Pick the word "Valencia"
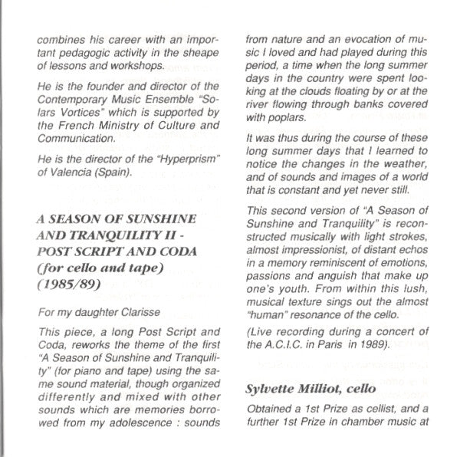coord(79,170)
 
